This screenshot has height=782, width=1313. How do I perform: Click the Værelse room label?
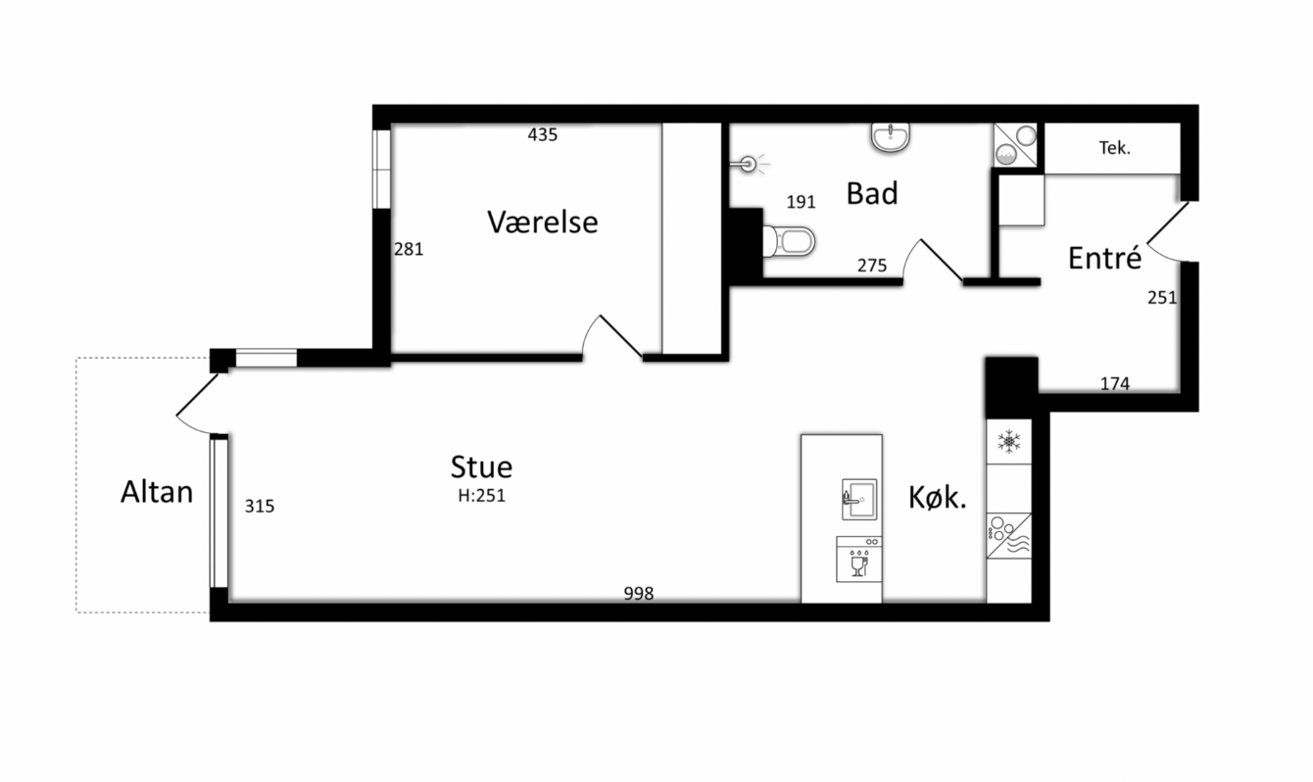click(x=542, y=222)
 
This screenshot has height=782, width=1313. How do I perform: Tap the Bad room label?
click(x=872, y=193)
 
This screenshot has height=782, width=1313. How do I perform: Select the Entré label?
click(x=1105, y=258)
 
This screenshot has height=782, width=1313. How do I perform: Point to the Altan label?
click(x=157, y=492)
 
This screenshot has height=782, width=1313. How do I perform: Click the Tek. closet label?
click(x=1114, y=148)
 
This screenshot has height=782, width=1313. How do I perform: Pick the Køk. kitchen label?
click(x=938, y=498)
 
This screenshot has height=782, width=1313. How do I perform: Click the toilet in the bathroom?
click(x=789, y=241)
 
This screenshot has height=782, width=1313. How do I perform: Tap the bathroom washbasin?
click(x=891, y=137)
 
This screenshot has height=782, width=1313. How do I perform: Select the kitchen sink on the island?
click(x=859, y=500)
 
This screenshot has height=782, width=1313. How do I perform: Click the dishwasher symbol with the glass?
click(x=858, y=560)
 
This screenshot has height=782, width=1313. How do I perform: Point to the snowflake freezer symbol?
click(x=1009, y=441)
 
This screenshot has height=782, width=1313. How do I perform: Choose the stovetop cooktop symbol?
click(x=1009, y=536)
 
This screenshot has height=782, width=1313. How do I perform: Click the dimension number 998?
click(x=638, y=594)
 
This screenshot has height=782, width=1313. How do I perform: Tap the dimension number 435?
click(x=542, y=135)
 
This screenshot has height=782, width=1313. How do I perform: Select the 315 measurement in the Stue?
click(x=259, y=506)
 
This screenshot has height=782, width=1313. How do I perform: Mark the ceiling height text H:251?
click(x=481, y=496)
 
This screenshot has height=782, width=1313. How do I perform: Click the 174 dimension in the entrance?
click(x=1114, y=383)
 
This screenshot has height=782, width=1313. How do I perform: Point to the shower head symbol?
click(x=750, y=164)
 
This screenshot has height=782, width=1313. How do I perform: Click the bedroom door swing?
click(x=612, y=336)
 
